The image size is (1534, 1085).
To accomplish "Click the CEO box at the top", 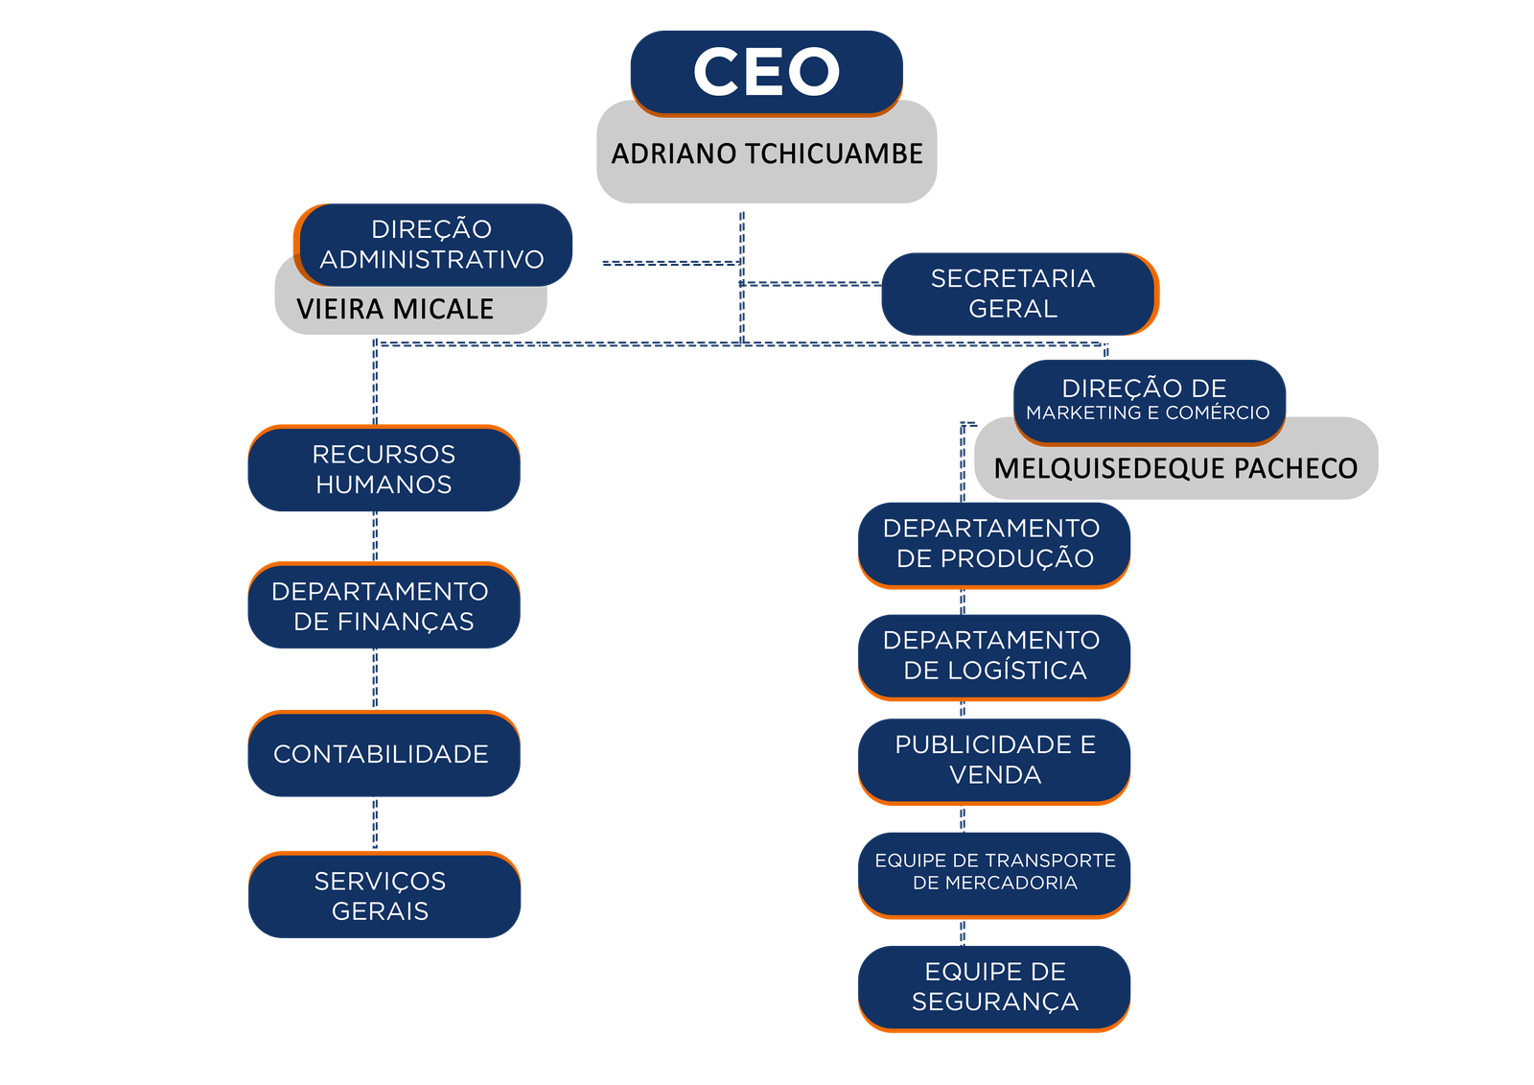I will [766, 72].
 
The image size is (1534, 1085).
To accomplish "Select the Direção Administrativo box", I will [433, 244].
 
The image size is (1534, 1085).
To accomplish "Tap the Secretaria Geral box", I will [1018, 294].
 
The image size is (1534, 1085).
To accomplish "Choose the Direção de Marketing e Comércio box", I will [1149, 401].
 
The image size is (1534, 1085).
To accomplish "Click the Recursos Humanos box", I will [383, 468].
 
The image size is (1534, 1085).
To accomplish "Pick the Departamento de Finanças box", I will [383, 605].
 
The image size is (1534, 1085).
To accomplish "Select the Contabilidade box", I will [383, 754].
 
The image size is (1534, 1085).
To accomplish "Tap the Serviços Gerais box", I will [383, 895].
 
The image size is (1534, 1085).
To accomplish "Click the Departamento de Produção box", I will [994, 543].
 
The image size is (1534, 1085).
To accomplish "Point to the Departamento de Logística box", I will [994, 655].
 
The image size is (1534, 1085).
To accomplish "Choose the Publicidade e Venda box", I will [994, 760].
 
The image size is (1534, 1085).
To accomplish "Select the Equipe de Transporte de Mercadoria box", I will [994, 872].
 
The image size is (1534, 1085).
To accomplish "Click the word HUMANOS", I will [383, 484].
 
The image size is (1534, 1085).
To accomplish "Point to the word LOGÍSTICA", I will [1016, 671].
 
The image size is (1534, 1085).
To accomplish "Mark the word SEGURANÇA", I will [994, 1002].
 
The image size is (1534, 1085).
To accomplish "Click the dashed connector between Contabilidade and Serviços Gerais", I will [374, 824].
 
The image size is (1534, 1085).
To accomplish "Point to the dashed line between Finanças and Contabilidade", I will [374, 679].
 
